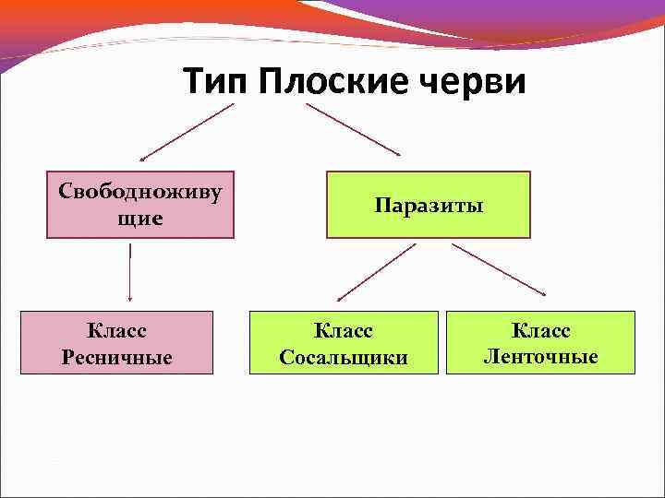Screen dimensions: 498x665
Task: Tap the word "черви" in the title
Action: coord(476,82)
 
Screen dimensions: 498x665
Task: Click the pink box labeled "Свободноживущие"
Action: coord(140,204)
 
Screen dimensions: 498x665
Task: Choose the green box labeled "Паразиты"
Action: coord(429,205)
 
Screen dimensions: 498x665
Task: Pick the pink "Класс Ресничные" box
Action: coord(116,342)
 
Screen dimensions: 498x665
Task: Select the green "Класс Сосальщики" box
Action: coord(343,342)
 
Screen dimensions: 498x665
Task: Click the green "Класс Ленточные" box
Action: coord(540,342)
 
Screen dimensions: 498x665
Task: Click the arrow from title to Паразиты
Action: coord(355,129)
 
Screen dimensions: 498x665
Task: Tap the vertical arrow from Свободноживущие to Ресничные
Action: coord(130,272)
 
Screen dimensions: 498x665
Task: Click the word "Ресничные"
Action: coord(116,357)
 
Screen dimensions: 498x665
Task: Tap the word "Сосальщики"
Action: coord(343,357)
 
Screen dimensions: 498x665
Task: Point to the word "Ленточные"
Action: coord(540,356)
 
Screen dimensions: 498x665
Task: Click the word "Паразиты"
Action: coord(429,205)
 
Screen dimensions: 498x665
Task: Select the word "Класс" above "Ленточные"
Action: coord(540,329)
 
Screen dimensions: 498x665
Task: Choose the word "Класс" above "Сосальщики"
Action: coord(343,329)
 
